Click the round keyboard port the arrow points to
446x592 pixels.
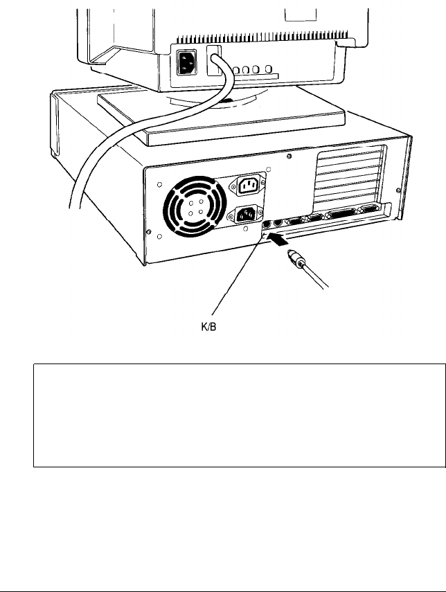tap(266, 224)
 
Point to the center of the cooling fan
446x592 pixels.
tap(190, 207)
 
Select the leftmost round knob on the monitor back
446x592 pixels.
tap(236, 71)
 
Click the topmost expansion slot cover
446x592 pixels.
tap(350, 160)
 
